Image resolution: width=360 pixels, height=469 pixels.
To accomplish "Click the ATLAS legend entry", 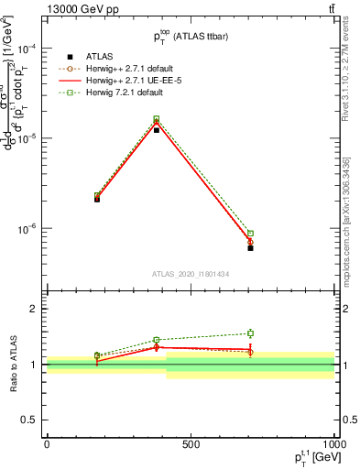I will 93,56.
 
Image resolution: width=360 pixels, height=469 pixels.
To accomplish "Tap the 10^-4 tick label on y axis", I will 28,49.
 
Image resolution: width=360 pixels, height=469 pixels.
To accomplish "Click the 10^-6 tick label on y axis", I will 28,228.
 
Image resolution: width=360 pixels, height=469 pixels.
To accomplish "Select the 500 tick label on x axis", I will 191,443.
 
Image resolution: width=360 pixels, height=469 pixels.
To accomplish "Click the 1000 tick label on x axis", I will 333,443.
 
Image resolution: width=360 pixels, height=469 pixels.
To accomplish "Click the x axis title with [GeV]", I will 308,458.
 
